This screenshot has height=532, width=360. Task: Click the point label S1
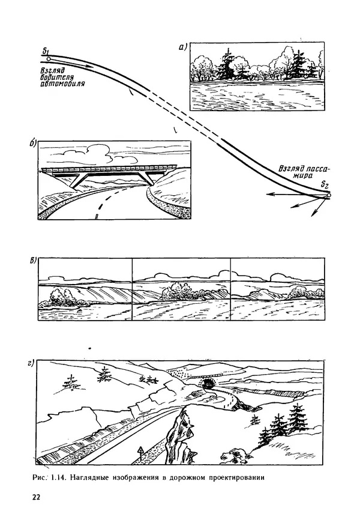pos(46,51)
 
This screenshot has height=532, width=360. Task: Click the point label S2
pos(325,186)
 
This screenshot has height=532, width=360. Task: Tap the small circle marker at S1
pos(49,59)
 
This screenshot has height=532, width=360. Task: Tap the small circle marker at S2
pos(328,195)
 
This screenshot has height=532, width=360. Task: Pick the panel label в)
pos(33,261)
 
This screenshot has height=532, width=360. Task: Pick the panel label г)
pos(31,364)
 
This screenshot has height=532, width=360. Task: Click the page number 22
pos(36,497)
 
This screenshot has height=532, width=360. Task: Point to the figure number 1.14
pos(59,478)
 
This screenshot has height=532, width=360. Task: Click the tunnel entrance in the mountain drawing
pos(207,384)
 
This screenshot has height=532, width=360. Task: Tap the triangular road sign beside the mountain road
pos(139,450)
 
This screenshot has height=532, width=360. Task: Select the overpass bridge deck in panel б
pos(109,168)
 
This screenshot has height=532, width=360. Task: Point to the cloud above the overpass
pos(92,153)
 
